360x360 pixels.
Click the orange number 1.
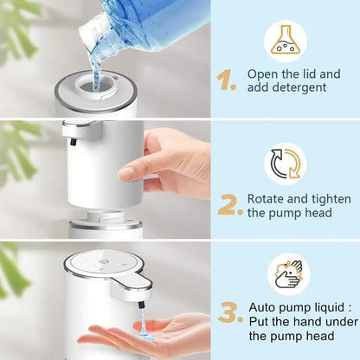click(x=227, y=80)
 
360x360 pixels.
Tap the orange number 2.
click(x=229, y=204)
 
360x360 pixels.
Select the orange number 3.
click(x=229, y=312)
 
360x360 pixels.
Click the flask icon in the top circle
click(x=285, y=41)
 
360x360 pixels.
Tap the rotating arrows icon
click(x=285, y=164)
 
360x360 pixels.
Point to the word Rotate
click(x=267, y=197)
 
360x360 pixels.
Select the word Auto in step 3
click(x=265, y=306)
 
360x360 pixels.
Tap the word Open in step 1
click(x=263, y=74)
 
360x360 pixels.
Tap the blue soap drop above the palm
click(x=138, y=327)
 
